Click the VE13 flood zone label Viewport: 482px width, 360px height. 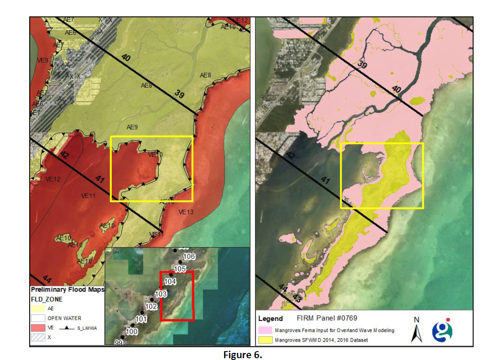(x=186, y=212)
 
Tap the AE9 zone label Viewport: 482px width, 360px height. (x=132, y=127)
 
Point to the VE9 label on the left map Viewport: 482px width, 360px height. (x=43, y=60)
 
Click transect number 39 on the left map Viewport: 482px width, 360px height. (x=179, y=94)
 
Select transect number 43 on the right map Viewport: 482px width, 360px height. (x=297, y=299)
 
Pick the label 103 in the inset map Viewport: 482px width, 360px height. (x=161, y=294)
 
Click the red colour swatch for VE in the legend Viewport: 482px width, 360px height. (x=38, y=328)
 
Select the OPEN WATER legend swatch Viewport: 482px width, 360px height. (x=38, y=318)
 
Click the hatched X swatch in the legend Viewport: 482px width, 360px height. (x=38, y=337)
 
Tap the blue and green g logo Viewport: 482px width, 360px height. (x=442, y=330)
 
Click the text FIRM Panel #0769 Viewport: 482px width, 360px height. (x=327, y=318)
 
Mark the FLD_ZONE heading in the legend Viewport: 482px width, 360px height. (x=47, y=299)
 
